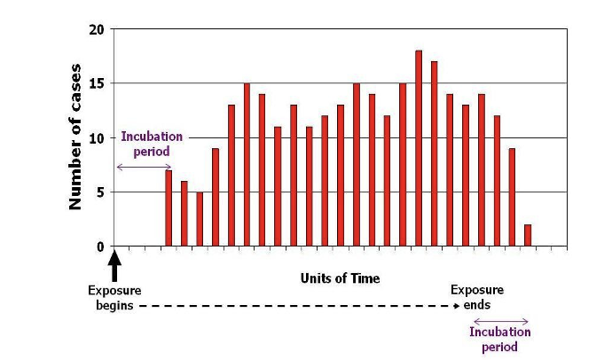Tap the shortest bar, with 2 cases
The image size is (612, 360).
tap(528, 236)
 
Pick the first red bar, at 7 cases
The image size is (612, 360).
tap(169, 208)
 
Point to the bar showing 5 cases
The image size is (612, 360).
tap(200, 219)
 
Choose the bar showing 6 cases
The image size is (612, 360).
tap(184, 214)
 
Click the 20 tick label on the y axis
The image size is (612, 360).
tap(97, 29)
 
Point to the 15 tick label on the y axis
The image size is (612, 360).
tap(97, 83)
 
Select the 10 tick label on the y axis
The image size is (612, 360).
tap(97, 138)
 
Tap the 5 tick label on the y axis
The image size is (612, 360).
tap(100, 192)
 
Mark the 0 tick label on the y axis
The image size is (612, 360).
tap(100, 247)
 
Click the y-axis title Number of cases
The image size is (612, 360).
tap(76, 137)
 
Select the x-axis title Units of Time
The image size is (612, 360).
tap(340, 278)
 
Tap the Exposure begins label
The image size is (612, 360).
tap(114, 297)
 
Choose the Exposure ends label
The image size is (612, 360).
tap(477, 297)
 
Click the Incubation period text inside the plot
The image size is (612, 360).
tap(152, 144)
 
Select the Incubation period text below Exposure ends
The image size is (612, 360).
tap(500, 340)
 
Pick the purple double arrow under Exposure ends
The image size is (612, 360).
tap(500, 321)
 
